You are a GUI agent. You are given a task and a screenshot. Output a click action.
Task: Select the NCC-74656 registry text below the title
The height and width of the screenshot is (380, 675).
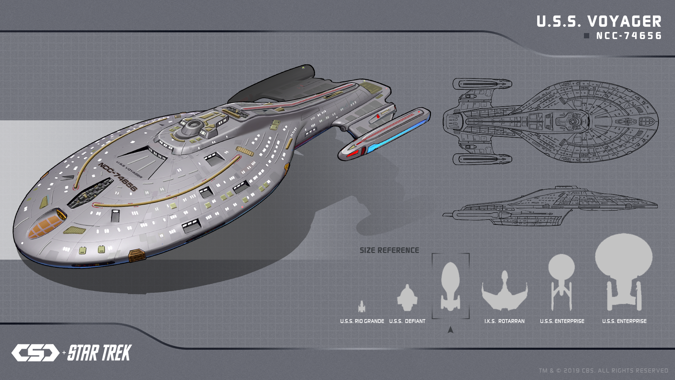(629, 36)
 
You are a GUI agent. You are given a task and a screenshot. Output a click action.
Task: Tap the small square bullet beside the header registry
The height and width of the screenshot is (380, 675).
(586, 36)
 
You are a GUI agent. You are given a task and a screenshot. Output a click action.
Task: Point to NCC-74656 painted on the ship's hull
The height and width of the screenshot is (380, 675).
(118, 177)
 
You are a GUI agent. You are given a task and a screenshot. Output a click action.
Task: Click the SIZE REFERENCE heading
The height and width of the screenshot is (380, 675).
(389, 251)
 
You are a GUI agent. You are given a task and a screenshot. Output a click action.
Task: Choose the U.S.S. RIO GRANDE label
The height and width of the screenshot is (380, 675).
(362, 321)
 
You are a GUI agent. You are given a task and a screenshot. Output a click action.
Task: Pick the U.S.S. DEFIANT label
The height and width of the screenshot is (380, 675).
(407, 321)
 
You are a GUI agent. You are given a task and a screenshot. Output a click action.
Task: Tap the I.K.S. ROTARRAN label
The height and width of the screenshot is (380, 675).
(504, 321)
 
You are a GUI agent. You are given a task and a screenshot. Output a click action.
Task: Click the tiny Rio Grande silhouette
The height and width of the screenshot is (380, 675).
(361, 306)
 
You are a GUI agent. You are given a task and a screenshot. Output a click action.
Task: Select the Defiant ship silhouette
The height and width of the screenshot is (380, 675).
(407, 298)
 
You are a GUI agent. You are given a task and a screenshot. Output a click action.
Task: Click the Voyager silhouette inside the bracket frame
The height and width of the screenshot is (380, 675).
(450, 286)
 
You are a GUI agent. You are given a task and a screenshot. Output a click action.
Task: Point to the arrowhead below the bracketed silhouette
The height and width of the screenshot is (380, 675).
(450, 330)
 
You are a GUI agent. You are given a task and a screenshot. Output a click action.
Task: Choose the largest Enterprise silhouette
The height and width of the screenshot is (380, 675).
(624, 267)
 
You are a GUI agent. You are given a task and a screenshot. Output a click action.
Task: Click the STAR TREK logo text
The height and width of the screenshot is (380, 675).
(99, 353)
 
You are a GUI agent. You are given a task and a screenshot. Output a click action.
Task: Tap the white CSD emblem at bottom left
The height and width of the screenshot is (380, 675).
(35, 353)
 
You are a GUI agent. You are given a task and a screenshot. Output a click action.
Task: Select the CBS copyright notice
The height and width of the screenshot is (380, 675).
(603, 370)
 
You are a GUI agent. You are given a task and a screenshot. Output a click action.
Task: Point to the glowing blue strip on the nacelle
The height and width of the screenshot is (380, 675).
(397, 135)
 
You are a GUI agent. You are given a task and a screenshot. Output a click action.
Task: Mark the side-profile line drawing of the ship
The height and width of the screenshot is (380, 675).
(550, 207)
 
